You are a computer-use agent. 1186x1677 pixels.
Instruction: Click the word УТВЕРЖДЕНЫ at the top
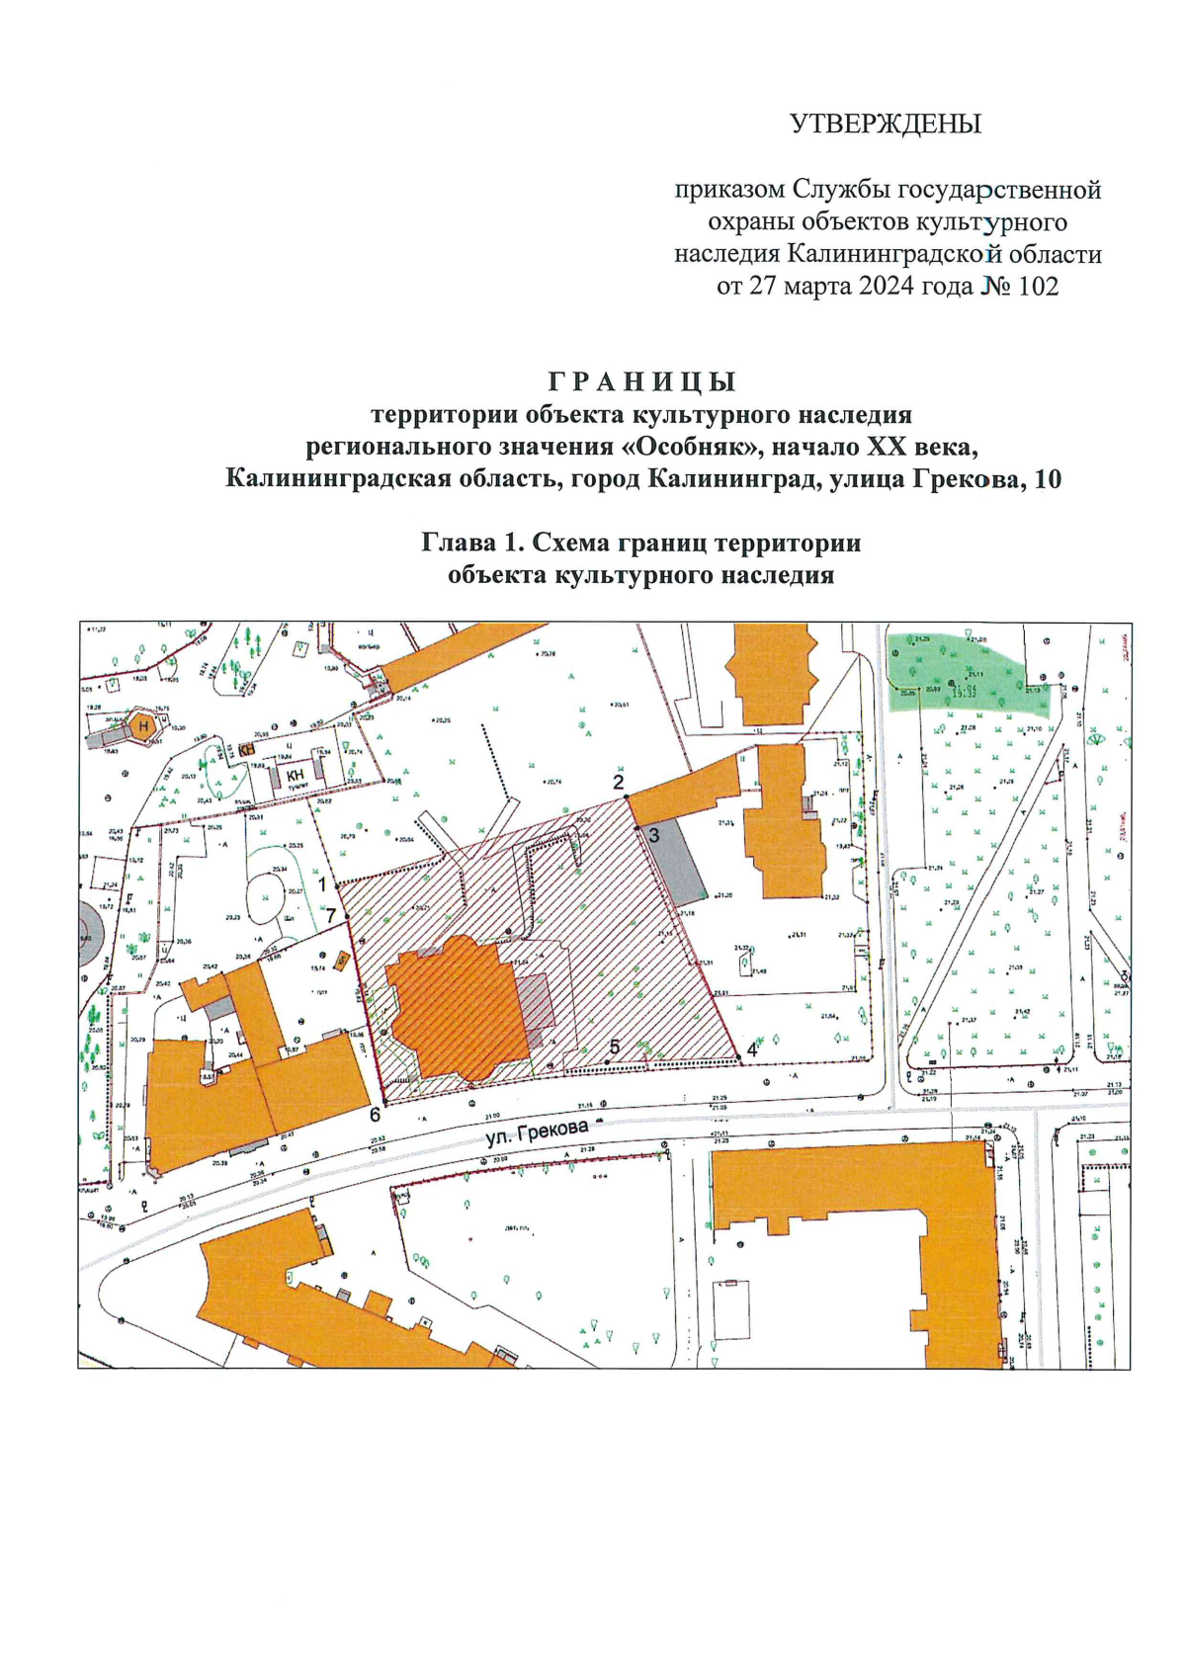coord(886,125)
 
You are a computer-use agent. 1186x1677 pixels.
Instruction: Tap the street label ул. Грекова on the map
coord(537,1133)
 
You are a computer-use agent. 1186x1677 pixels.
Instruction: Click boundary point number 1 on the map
coord(323,884)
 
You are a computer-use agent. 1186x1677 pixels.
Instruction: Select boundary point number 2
coord(620,783)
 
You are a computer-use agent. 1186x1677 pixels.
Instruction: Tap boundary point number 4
coord(752,1050)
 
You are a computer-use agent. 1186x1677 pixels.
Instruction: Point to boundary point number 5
coord(614,1047)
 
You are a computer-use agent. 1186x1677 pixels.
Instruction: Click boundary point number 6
coord(375,1115)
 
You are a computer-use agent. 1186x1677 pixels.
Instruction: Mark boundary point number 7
coord(331,915)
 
